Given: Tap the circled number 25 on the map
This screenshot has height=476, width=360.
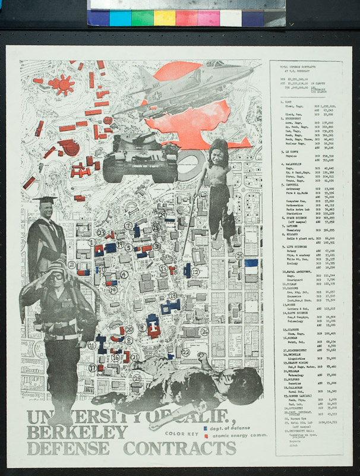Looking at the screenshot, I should click(239, 256).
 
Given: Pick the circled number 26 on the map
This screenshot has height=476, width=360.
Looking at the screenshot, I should click(204, 332).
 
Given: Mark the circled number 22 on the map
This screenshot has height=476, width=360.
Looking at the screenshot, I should click(185, 352).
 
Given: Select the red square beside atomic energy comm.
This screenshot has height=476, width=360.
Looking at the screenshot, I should click(205, 435).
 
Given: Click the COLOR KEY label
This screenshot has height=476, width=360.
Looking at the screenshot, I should click(181, 433).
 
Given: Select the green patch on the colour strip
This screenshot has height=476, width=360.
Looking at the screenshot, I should click(142, 18).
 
